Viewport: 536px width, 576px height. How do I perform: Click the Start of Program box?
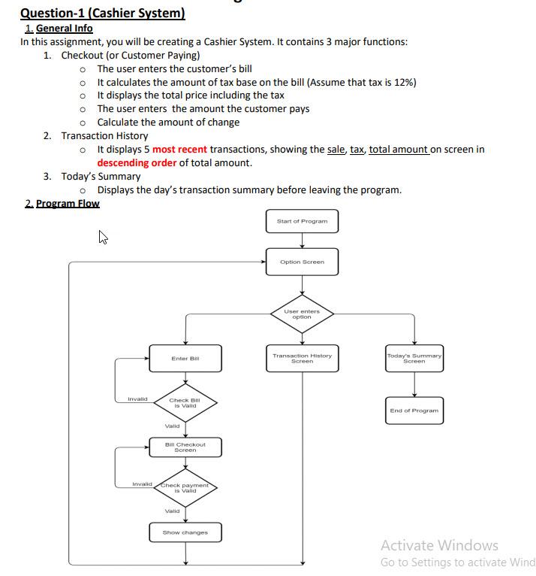[302, 221]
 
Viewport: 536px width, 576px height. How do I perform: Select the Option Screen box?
[302, 262]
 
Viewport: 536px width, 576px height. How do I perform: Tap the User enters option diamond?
[302, 314]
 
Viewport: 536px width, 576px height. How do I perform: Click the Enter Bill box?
[185, 358]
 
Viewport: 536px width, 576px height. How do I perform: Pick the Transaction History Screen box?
[302, 358]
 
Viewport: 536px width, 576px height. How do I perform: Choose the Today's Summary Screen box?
[414, 358]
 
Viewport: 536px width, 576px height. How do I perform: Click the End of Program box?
[414, 411]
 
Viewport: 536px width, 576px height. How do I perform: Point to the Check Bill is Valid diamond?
[185, 402]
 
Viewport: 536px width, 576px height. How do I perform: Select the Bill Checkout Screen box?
[185, 447]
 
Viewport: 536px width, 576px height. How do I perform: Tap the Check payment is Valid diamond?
[185, 487]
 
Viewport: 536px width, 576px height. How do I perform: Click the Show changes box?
[185, 532]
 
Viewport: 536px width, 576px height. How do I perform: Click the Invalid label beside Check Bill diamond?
[137, 399]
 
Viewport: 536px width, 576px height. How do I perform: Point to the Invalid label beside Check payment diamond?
[142, 484]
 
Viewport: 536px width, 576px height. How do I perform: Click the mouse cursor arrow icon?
[104, 238]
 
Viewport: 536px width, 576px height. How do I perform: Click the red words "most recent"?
[179, 149]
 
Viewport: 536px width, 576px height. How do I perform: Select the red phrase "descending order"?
[137, 162]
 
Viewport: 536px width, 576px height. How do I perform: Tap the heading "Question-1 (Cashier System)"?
[102, 13]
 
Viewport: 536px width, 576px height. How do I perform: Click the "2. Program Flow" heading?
[62, 203]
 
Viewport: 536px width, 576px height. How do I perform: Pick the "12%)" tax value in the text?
[404, 82]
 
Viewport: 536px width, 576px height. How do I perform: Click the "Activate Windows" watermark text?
[439, 545]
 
